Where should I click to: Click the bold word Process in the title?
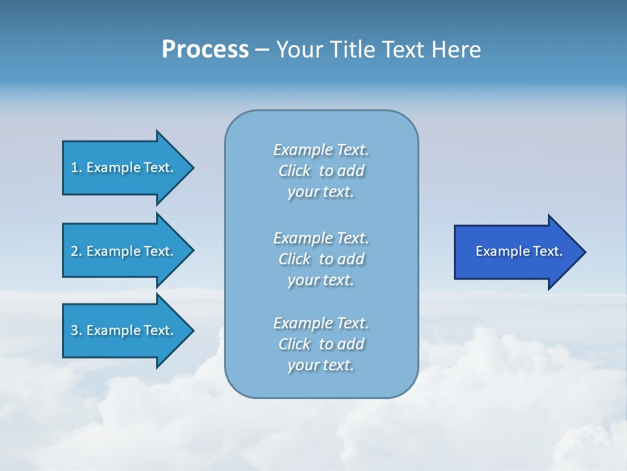(205, 50)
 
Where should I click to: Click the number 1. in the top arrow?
(76, 167)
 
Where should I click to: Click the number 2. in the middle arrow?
(76, 251)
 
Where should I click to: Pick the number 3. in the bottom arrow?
(76, 330)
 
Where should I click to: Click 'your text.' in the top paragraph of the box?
(321, 192)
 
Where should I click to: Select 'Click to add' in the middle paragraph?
(321, 259)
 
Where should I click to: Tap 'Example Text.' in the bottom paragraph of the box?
(321, 323)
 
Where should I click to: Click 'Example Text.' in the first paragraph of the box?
(321, 150)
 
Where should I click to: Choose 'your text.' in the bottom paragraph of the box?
(321, 366)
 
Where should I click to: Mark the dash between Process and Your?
(262, 50)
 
